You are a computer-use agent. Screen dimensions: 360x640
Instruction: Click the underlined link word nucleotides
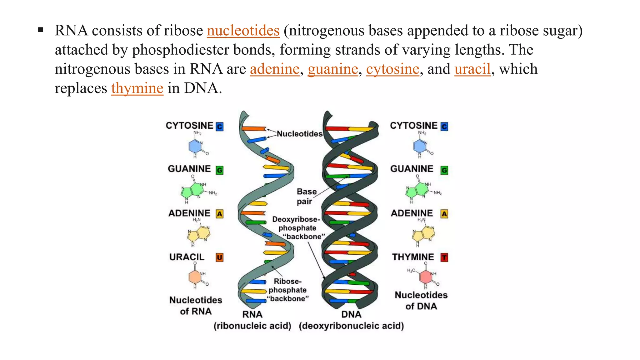(243, 31)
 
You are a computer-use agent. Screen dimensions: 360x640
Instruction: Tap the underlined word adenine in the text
(274, 69)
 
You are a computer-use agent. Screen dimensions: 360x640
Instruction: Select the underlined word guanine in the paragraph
(333, 69)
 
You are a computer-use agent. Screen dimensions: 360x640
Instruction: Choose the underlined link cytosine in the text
(392, 69)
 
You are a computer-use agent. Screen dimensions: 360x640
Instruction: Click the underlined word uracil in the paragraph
(472, 69)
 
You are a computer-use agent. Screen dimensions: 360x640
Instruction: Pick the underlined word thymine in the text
(137, 88)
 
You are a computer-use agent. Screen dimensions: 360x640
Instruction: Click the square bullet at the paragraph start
(40, 30)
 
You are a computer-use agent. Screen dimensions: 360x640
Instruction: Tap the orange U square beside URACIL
(220, 257)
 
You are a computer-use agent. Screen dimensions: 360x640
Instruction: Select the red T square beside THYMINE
(444, 257)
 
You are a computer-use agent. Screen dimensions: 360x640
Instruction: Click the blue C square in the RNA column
(220, 127)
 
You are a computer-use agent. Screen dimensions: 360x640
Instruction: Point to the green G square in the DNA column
(444, 170)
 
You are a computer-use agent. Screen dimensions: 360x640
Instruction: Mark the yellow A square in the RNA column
(220, 214)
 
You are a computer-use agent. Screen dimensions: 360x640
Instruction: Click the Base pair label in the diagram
(306, 196)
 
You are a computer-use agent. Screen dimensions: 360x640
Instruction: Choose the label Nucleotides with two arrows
(299, 134)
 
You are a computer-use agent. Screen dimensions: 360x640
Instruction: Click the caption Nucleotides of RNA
(196, 306)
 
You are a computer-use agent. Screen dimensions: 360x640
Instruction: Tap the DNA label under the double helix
(351, 314)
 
